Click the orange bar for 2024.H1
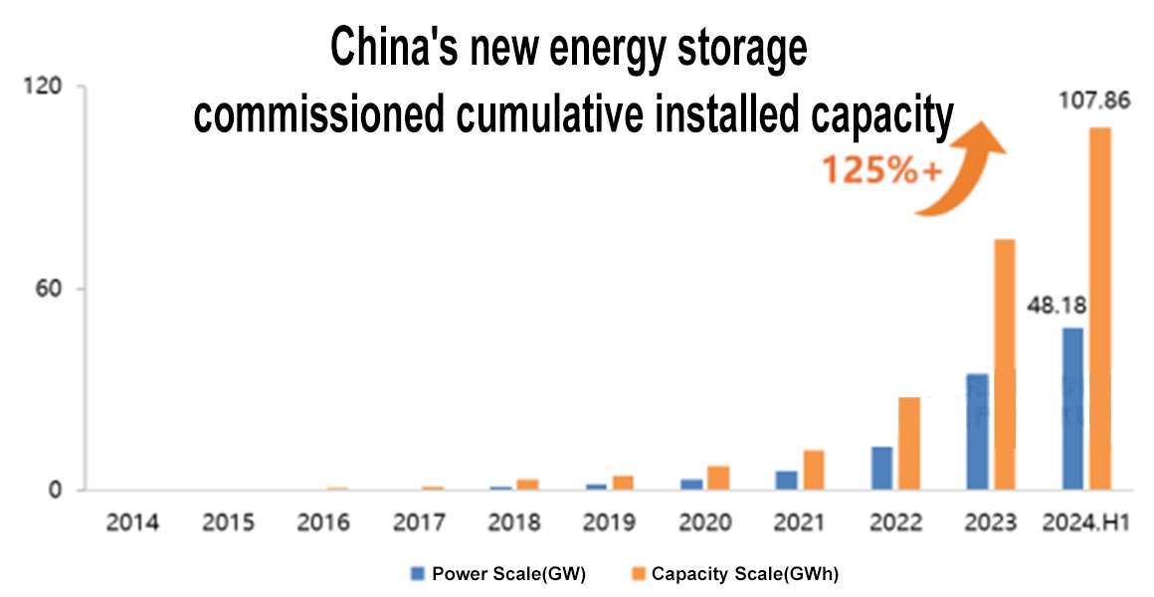click(1099, 308)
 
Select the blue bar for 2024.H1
click(1072, 409)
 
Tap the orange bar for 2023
click(1004, 364)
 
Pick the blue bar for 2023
click(977, 432)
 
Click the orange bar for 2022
click(909, 443)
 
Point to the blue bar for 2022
click(881, 468)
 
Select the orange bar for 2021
click(814, 470)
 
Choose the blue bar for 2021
click(786, 480)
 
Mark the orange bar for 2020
click(718, 478)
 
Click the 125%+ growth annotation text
click(881, 170)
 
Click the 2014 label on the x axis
click(133, 522)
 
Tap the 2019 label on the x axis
click(609, 522)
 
